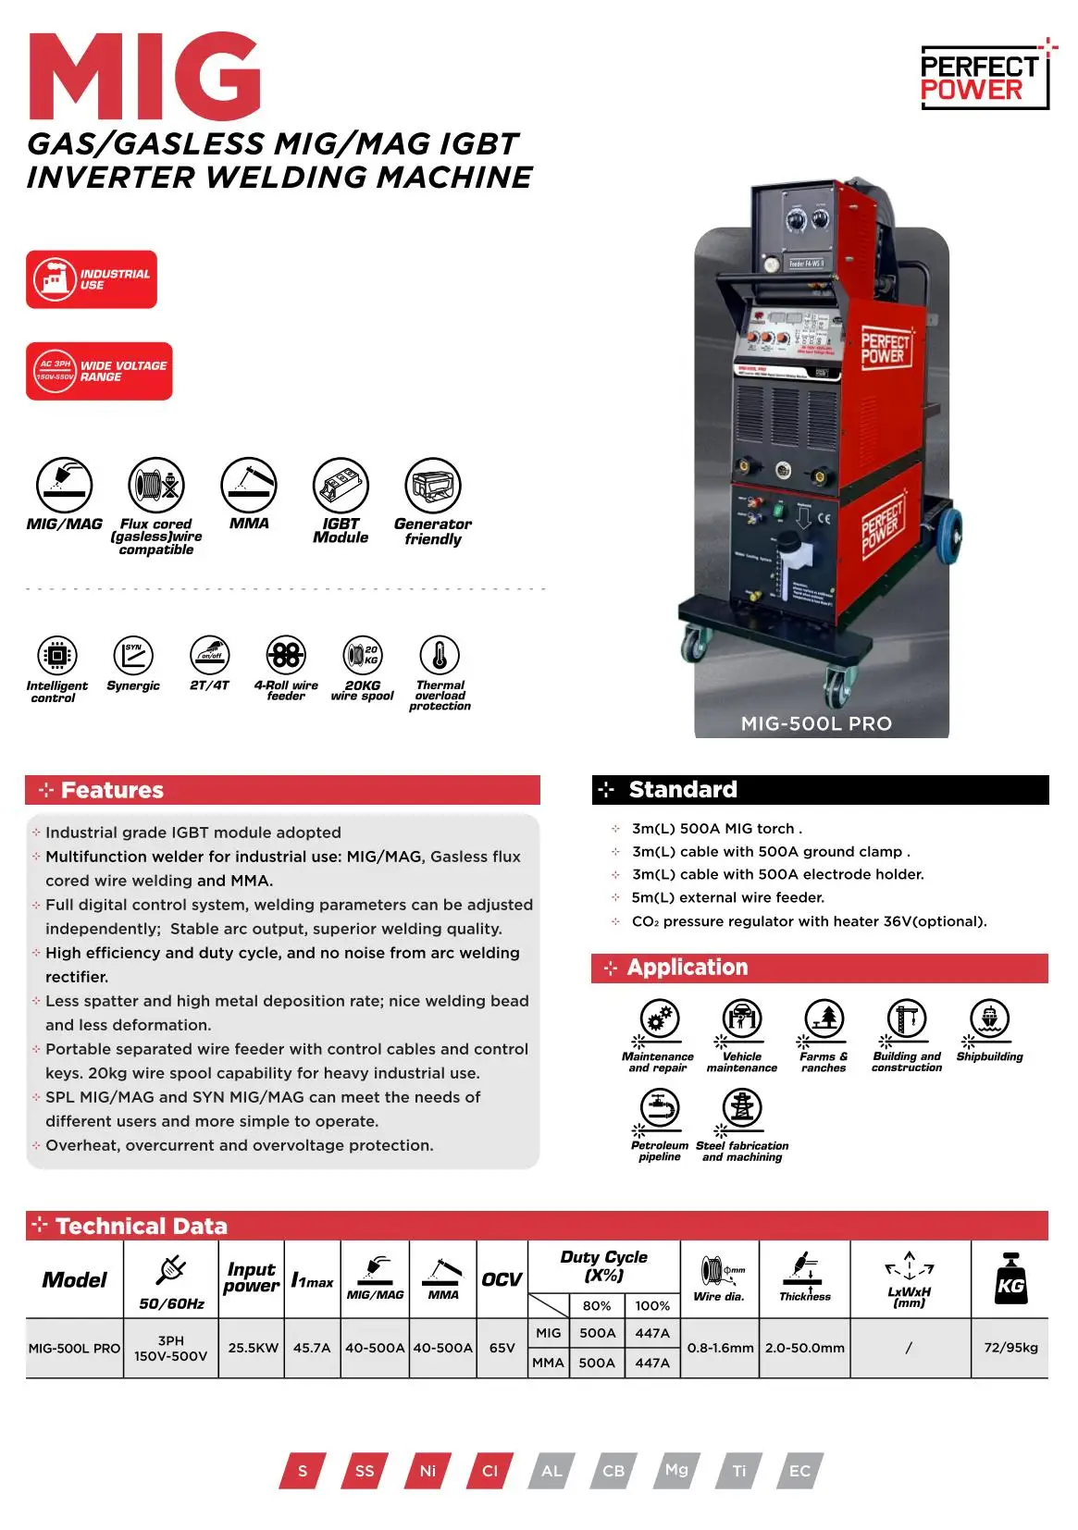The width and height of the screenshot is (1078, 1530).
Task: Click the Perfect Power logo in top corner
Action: [984, 78]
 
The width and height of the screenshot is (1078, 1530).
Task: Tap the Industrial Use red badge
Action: [92, 279]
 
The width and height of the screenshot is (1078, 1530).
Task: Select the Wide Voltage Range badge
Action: [99, 371]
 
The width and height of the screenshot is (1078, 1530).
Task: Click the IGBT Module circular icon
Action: [341, 486]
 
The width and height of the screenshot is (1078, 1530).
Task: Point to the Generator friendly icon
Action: [433, 486]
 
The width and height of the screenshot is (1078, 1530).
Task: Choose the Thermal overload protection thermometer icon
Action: [440, 655]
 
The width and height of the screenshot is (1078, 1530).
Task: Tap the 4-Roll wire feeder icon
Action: [286, 655]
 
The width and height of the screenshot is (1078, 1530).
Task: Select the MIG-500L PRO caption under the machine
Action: [816, 723]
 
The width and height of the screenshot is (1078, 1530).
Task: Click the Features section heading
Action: [112, 790]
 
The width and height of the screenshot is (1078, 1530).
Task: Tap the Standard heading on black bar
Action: [683, 789]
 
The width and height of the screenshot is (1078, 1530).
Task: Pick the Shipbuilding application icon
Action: [989, 1019]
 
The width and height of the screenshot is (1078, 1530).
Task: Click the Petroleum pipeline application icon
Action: [660, 1107]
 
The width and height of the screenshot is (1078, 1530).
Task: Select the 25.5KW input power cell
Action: [253, 1348]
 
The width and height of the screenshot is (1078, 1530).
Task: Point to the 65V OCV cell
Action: [502, 1348]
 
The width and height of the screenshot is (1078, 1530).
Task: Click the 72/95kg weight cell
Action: [1010, 1347]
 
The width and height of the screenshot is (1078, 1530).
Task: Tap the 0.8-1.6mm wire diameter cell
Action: [720, 1348]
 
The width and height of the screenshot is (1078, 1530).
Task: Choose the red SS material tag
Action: [365, 1471]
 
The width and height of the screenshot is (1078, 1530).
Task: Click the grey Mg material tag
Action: [676, 1469]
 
